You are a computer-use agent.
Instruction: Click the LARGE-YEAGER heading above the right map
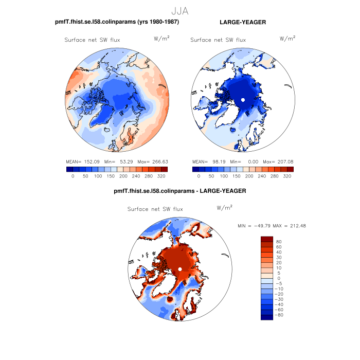coord(242,22)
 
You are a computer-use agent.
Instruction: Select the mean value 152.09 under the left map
coord(91,161)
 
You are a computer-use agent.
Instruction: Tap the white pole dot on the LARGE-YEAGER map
coord(243,99)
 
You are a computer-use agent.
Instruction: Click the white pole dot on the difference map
coord(180,269)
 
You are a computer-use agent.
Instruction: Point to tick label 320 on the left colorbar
coord(161,176)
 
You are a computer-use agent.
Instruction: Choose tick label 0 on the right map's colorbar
coord(199,176)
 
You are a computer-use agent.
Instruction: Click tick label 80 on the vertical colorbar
coord(279,242)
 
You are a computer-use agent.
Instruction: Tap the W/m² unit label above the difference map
coord(225,208)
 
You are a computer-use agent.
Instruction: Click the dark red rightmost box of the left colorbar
coord(165,169)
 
